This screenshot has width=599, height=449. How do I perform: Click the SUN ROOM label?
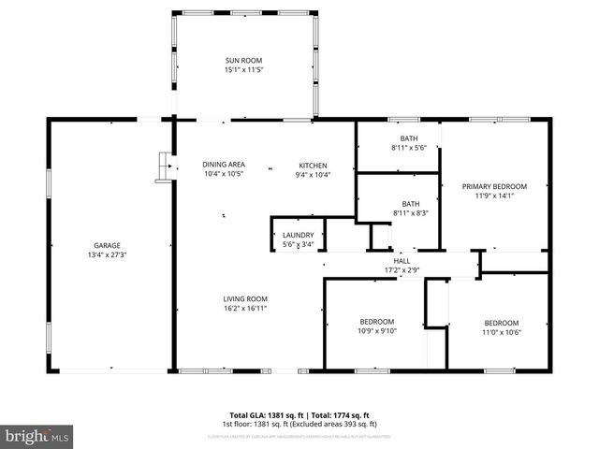(x=243, y=60)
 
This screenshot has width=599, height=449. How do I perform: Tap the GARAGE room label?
(x=107, y=245)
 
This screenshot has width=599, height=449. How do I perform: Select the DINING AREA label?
(x=223, y=165)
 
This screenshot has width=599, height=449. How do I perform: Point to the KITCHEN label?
(x=313, y=165)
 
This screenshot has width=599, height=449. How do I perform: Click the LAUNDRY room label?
(x=298, y=236)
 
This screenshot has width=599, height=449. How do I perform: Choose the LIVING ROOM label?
(x=244, y=298)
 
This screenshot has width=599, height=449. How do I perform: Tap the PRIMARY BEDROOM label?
(x=494, y=186)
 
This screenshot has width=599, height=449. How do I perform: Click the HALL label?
(x=402, y=261)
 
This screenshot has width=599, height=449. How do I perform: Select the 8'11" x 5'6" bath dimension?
(x=409, y=148)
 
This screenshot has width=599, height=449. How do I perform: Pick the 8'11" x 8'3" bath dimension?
(x=410, y=213)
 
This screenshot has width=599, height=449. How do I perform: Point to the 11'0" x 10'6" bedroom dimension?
(x=501, y=332)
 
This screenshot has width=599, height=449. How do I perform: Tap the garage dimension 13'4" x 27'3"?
(x=107, y=254)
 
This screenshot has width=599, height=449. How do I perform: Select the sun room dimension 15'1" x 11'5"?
(x=243, y=69)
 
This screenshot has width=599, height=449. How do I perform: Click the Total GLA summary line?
(x=299, y=414)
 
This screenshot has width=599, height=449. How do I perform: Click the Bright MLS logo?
(x=37, y=436)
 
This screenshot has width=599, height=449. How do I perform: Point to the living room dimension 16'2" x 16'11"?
(x=244, y=308)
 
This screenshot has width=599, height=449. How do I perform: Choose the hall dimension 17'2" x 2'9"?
(x=402, y=270)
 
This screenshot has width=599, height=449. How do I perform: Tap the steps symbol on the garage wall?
(x=165, y=167)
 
